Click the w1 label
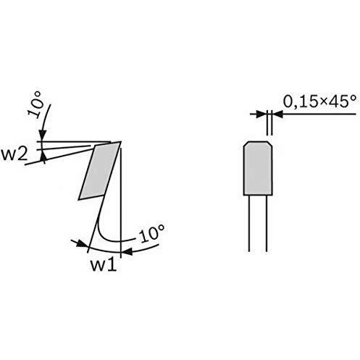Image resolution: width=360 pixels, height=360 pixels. tap(104, 265)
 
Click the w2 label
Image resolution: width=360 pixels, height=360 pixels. tap(14, 154)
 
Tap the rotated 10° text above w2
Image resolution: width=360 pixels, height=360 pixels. tap(35, 104)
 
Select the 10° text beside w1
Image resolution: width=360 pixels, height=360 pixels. tap(153, 233)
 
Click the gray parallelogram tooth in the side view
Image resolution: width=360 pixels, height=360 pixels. tap(99, 171)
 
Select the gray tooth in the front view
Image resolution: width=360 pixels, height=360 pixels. tap(258, 168)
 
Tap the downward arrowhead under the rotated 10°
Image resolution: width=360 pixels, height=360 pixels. tap(43, 135)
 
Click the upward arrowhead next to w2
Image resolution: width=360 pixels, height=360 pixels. tap(43, 156)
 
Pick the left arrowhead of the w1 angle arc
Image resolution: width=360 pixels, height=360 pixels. tap(81, 244)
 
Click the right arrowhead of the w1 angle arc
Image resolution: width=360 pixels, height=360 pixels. tap(126, 251)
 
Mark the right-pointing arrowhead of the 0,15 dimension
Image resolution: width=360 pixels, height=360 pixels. tap(261, 114)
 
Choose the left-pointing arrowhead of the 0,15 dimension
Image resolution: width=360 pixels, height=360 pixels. tap(277, 114)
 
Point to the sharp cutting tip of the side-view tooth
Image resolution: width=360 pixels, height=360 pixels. tap(121, 141)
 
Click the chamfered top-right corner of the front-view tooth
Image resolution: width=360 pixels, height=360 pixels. tap(270, 143)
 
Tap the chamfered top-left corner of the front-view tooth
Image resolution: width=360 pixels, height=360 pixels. tap(246, 143)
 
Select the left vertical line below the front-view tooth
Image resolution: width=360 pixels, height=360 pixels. tap(249, 223)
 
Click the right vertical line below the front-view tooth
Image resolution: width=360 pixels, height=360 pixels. tap(267, 223)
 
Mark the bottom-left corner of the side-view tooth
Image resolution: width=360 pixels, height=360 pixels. tap(79, 200)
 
